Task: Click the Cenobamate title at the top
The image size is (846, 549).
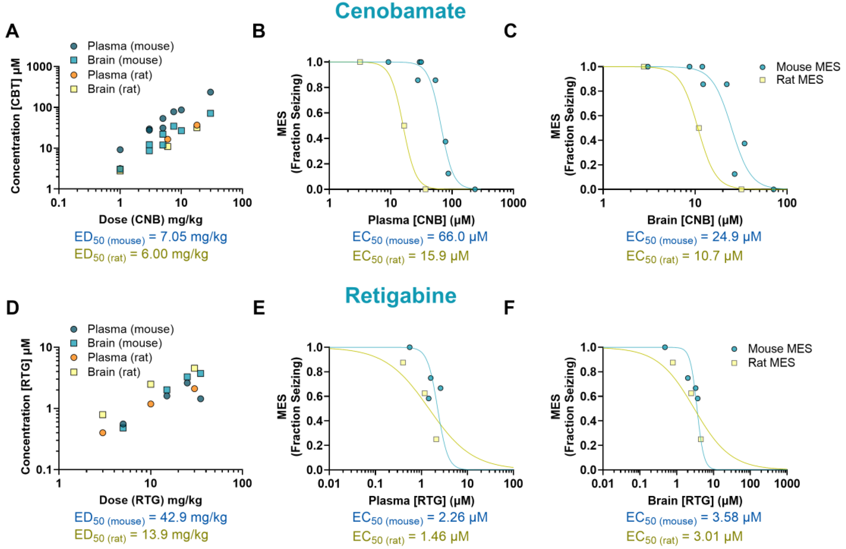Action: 400,11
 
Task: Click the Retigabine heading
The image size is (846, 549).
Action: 401,296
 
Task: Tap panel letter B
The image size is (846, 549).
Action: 259,31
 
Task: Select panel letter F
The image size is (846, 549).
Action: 509,307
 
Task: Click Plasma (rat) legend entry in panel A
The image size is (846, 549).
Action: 120,75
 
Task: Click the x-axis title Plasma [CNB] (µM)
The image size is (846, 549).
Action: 421,220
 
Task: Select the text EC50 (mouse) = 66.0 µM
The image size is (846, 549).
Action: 420,237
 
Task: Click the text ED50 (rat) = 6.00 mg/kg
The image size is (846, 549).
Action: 141,255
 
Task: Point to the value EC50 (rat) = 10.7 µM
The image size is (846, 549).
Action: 684,256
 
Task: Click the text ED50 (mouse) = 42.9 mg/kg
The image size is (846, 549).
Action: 150,518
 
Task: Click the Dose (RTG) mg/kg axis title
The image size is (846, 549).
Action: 150,500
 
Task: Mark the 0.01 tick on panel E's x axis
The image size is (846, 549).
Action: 329,483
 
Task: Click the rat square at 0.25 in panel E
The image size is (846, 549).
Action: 436,439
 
